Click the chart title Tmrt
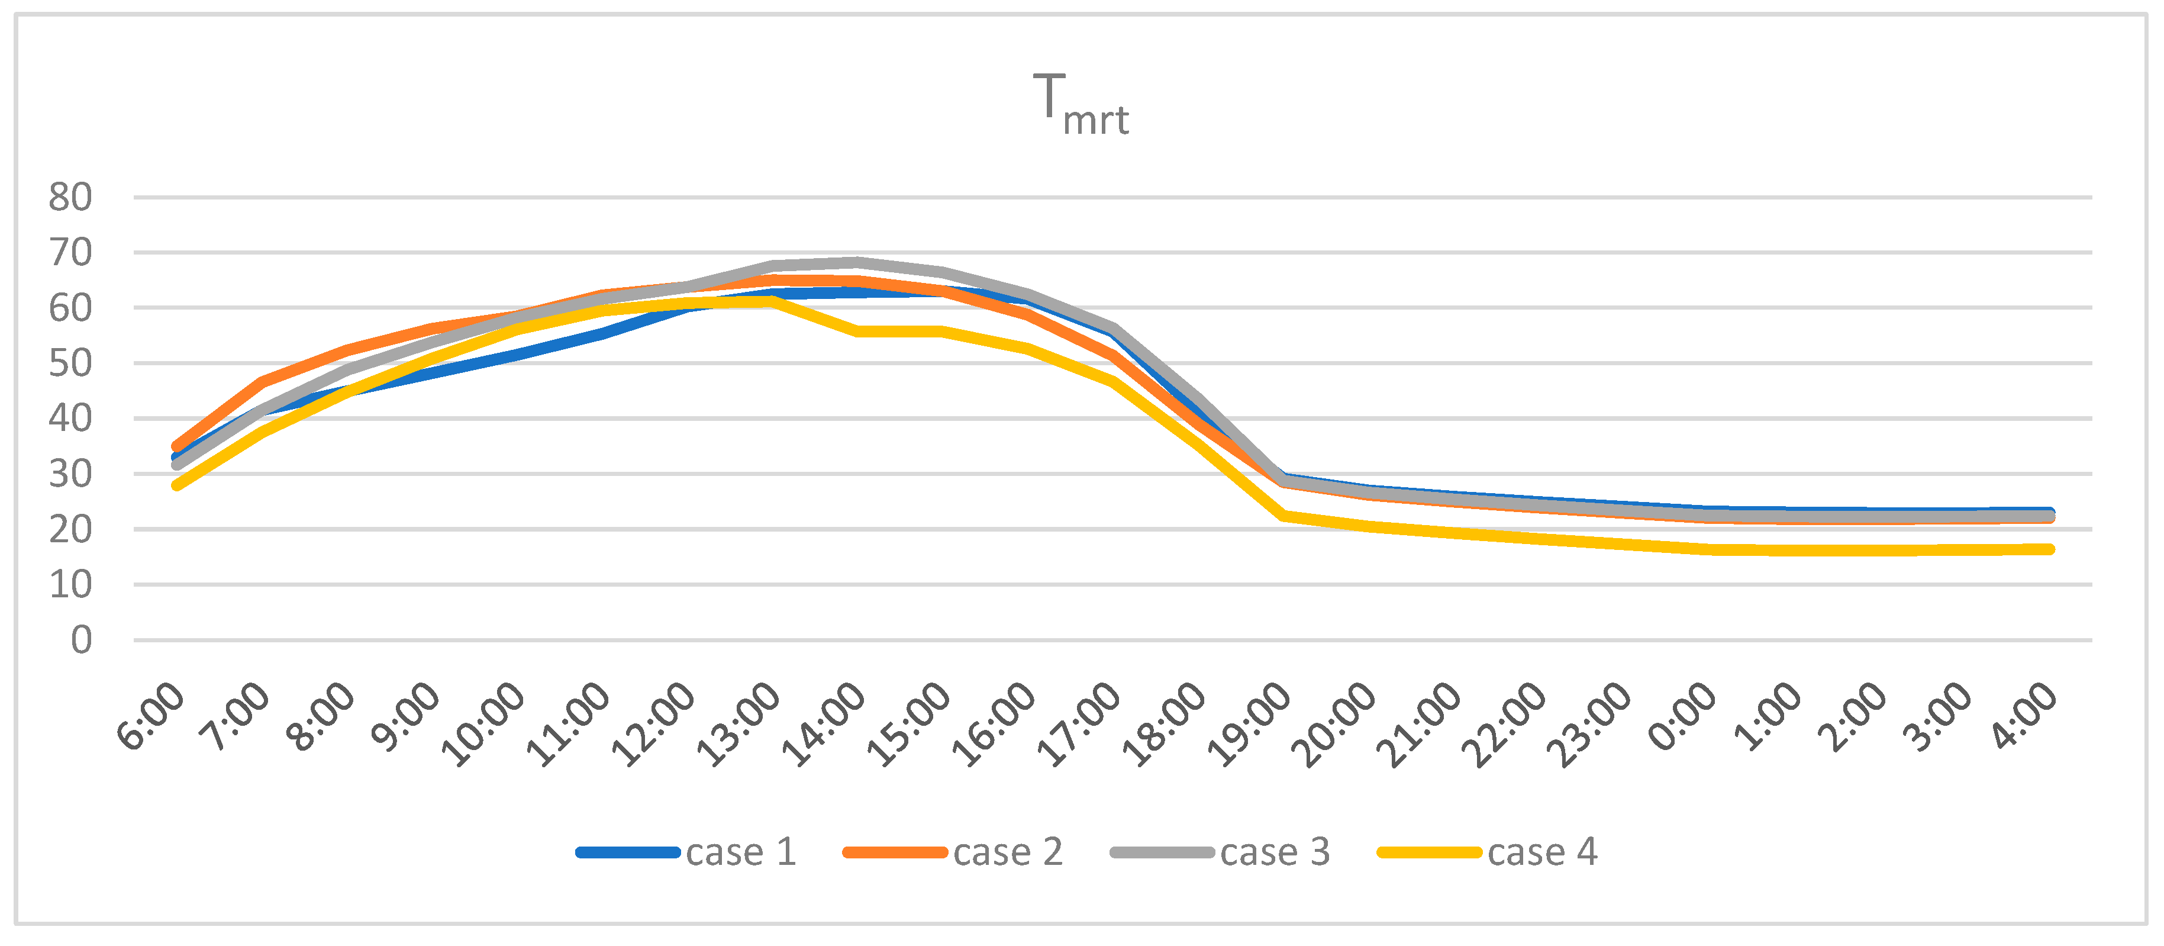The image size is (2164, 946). pyautogui.click(x=1081, y=105)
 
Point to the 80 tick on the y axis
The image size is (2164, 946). pyautogui.click(x=70, y=198)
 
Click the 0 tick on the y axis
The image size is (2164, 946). pyautogui.click(x=82, y=640)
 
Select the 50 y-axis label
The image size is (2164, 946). pyautogui.click(x=70, y=363)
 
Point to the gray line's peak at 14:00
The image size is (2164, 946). pyautogui.click(x=857, y=262)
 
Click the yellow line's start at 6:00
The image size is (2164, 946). pyautogui.click(x=176, y=485)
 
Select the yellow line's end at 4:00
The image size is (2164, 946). pyautogui.click(x=2050, y=549)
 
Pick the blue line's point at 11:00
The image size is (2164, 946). pyautogui.click(x=602, y=334)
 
